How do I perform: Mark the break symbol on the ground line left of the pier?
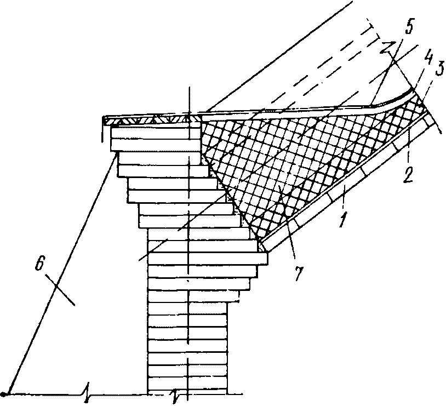click(86, 392)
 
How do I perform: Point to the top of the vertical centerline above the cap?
click(188, 88)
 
